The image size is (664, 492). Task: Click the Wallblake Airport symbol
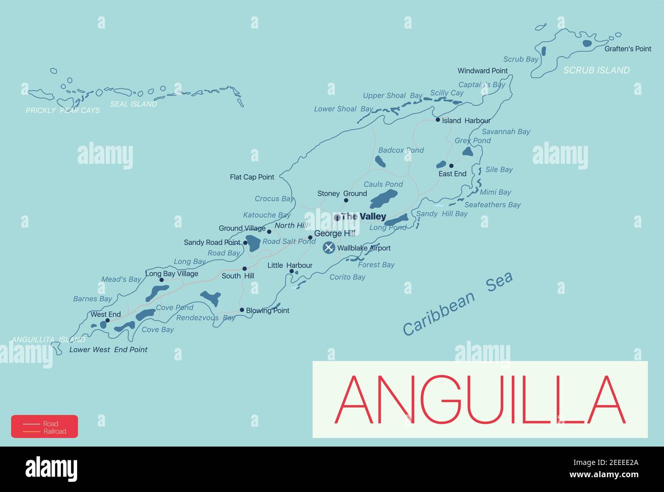329,248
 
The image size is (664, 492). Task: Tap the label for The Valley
363,216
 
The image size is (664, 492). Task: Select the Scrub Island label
596,70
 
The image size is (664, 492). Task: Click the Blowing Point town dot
242,310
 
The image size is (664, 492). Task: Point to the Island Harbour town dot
438,120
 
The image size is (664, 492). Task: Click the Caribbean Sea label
457,304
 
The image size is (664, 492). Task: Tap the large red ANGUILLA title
480,400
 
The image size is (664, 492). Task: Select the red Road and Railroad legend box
44,427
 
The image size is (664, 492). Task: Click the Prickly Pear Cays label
63,110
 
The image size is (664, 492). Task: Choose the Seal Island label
133,104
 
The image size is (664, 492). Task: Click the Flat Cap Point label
252,177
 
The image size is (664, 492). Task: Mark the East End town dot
451,166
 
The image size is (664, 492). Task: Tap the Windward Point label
482,71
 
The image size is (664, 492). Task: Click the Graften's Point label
628,49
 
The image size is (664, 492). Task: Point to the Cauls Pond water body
384,198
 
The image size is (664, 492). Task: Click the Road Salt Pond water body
253,243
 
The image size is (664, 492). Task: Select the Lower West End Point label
108,350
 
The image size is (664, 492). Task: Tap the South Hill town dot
245,268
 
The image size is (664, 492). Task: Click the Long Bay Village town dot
161,280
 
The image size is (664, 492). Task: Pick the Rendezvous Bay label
205,318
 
